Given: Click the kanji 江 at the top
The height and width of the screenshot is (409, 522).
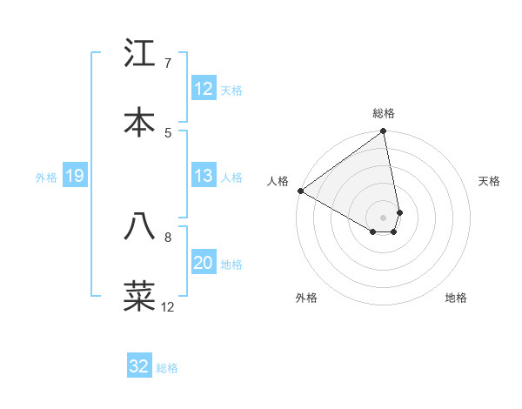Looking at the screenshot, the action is coord(139,54).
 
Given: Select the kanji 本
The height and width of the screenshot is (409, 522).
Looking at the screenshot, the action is coord(139,122).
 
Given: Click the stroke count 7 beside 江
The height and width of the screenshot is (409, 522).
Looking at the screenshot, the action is coord(168,64).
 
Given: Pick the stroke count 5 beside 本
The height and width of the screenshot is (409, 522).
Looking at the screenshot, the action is coord(168,132).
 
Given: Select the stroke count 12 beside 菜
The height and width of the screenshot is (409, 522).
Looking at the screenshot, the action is coord(168,307).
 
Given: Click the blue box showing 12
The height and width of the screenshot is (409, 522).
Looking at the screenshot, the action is coord(204,89).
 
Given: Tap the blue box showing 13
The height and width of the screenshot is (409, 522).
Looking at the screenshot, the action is coord(204,176).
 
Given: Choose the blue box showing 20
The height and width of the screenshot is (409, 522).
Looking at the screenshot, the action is coord(204,263).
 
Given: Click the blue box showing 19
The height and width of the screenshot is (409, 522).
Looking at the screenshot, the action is coord(75,176).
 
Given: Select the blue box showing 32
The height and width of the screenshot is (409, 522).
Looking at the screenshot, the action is coord(139,366).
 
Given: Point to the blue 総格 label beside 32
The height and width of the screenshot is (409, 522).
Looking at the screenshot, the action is coord(167,368).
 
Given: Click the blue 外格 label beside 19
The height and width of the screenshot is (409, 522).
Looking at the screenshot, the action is coord(46,178).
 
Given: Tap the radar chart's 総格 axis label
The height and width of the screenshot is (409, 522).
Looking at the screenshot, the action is coord(384,113).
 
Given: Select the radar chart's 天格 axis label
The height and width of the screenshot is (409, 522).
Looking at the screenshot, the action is coord(489,181).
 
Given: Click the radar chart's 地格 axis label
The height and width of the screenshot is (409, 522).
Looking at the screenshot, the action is coord(456,298).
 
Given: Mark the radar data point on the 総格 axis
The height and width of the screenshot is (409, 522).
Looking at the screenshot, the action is coord(384,132).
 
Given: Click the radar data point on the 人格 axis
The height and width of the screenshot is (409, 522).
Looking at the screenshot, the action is coord(300,191).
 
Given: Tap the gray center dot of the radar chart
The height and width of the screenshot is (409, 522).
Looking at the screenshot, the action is coord(384,217).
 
